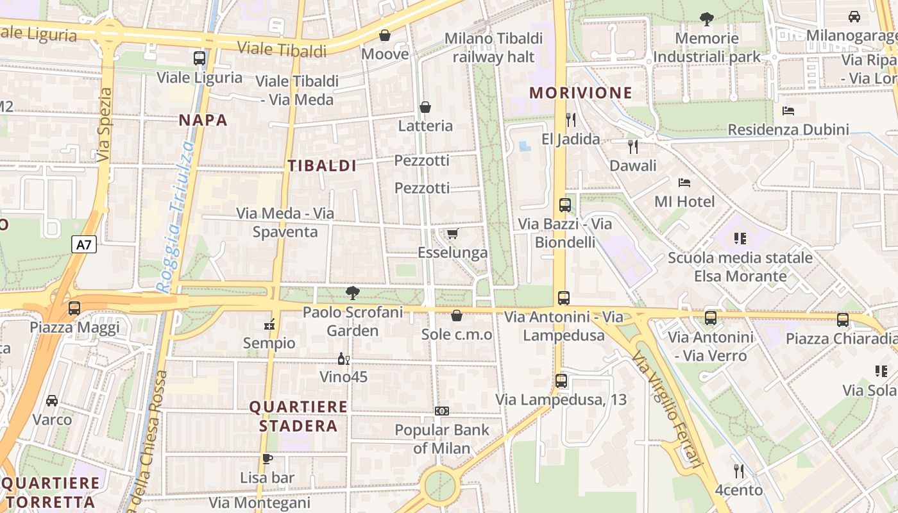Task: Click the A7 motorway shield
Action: click(x=84, y=244)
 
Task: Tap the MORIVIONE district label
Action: click(x=580, y=93)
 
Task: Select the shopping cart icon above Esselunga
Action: click(x=453, y=233)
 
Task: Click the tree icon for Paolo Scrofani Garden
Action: click(x=352, y=293)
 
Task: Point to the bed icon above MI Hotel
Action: click(x=684, y=183)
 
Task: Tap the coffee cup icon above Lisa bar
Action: click(x=267, y=458)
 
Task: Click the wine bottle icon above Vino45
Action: click(x=344, y=358)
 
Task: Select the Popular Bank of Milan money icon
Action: click(x=442, y=411)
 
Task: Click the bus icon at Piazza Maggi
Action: click(x=74, y=308)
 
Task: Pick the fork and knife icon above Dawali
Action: click(x=633, y=147)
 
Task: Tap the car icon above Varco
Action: click(x=52, y=401)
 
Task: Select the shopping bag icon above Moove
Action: click(x=385, y=35)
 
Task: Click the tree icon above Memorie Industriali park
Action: click(x=707, y=19)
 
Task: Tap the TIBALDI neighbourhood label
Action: click(x=322, y=166)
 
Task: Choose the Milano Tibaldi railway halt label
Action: click(x=494, y=47)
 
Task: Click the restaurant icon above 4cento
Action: click(x=739, y=471)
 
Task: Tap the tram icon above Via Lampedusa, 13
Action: click(x=561, y=381)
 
